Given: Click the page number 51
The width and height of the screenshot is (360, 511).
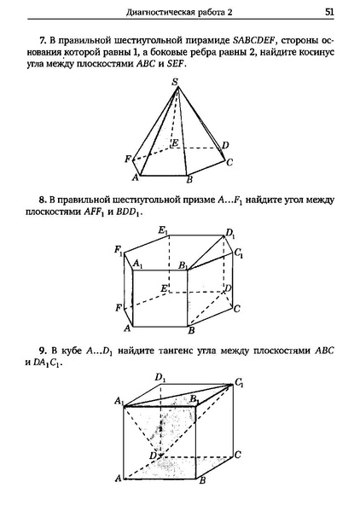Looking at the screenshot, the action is click(x=328, y=12).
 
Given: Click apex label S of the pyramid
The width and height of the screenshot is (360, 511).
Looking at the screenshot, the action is click(x=175, y=82).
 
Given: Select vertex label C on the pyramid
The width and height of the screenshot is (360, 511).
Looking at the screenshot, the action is click(x=229, y=160).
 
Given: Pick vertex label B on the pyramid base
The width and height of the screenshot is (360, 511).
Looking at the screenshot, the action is click(x=189, y=178).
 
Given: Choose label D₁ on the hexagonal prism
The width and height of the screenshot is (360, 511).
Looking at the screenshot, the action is click(x=229, y=233).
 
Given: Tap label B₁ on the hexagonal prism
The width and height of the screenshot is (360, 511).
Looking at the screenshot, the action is click(x=183, y=266).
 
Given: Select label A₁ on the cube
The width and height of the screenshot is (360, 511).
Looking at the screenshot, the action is click(x=119, y=402).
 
